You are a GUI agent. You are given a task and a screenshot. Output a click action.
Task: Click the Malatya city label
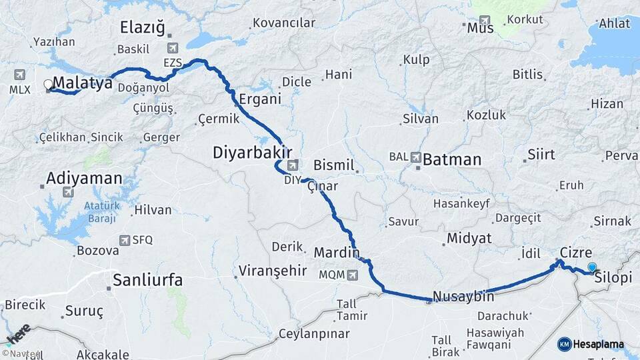tap(83, 82)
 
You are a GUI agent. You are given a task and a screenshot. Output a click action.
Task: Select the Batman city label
tap(452, 159)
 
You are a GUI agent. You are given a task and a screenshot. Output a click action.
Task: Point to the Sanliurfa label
tap(147, 280)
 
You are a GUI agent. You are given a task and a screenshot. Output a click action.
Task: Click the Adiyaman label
tap(85, 179)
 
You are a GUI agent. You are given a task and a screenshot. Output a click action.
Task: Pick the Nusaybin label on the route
tap(463, 297)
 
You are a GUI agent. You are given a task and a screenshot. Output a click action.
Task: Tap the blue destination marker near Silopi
tap(591, 268)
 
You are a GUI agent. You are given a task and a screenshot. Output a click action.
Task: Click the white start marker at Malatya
tap(48, 85)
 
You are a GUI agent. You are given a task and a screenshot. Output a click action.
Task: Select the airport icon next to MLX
tap(19, 74)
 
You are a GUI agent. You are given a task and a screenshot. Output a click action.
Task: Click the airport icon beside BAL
tap(416, 158)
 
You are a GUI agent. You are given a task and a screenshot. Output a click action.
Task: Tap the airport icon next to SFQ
tap(125, 240)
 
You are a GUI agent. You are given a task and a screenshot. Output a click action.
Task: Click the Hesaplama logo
tap(591, 344)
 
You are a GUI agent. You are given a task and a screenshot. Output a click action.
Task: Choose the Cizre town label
tap(576, 253)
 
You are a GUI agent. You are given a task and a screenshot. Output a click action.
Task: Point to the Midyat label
tap(469, 238)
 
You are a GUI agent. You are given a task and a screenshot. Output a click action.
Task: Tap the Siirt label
tap(541, 155)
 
